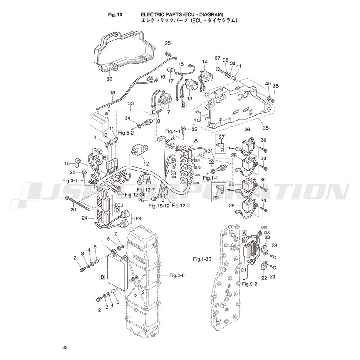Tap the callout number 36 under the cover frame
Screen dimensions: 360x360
pyautogui.click(x=109, y=79)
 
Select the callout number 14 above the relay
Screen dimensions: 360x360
pyautogui.click(x=205, y=62)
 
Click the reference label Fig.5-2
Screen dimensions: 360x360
pyautogui.click(x=126, y=133)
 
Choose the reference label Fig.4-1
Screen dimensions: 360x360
pyautogui.click(x=172, y=131)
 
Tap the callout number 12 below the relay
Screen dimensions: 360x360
pyautogui.click(x=146, y=163)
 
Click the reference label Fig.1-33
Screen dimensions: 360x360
pyautogui.click(x=202, y=259)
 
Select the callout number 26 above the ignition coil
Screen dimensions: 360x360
pyautogui.click(x=247, y=130)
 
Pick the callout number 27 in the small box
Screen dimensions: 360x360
pyautogui.click(x=221, y=137)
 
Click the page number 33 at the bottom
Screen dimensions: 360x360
pyautogui.click(x=65, y=347)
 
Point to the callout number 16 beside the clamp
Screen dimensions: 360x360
pyautogui.click(x=67, y=163)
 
